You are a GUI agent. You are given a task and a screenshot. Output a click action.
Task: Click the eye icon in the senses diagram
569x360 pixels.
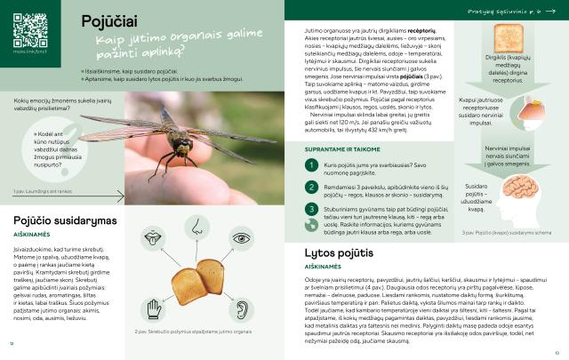coord(241,239)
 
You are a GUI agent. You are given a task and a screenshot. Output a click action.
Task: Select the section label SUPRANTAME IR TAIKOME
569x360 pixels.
coord(344,149)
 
